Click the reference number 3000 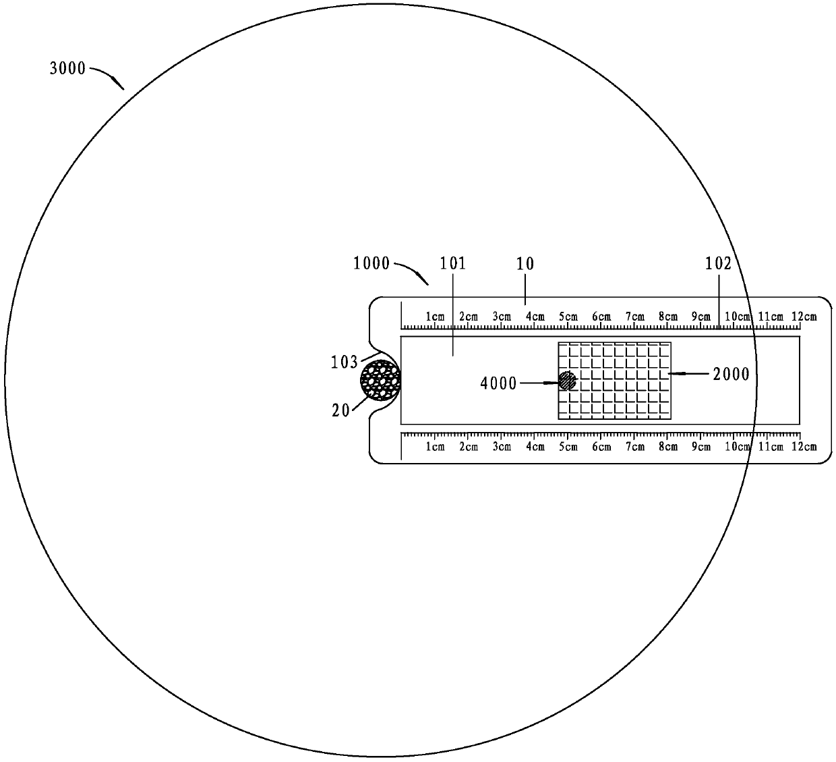coord(67,68)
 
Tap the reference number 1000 coord(371,263)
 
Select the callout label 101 coord(452,263)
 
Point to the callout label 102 coord(718,264)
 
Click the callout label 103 coord(344,362)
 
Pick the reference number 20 coord(340,410)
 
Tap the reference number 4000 coord(498,383)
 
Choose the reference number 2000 coord(731,374)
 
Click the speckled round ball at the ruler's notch coord(381,380)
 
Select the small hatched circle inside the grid coord(568,381)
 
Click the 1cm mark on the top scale coord(435,317)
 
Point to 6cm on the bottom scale coord(601,447)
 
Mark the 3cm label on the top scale coord(501,317)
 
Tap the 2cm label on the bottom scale coord(468,447)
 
